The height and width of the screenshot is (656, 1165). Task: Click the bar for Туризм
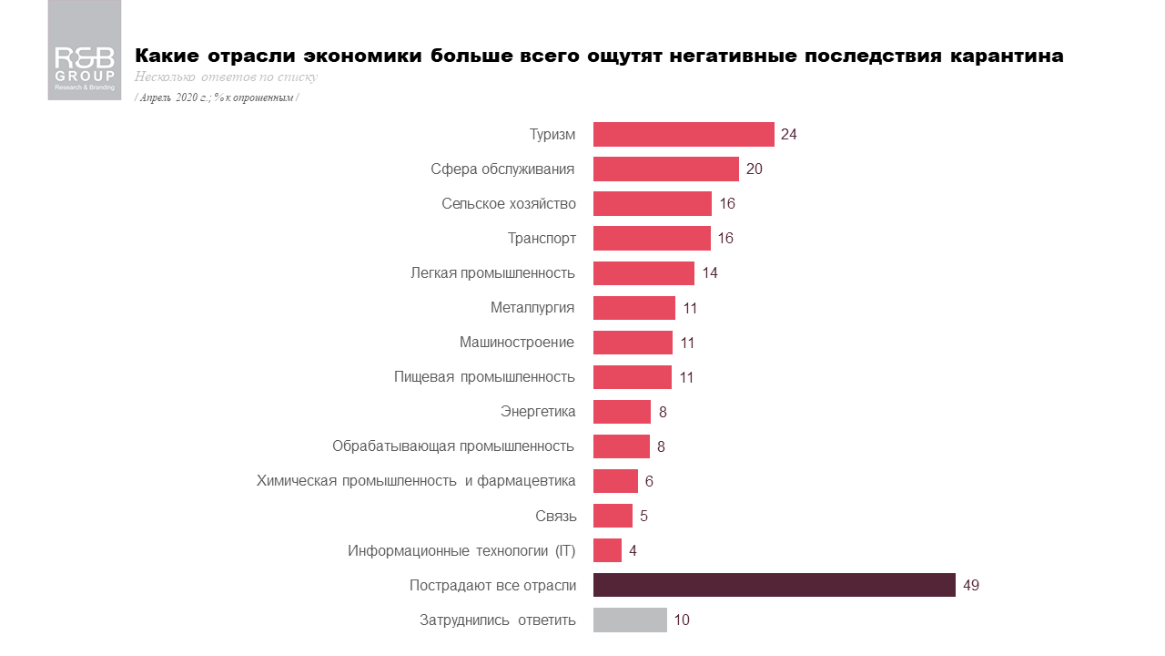(x=684, y=134)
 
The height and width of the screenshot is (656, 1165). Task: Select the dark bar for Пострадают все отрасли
(x=774, y=585)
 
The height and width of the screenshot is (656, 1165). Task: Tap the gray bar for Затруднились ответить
(x=630, y=620)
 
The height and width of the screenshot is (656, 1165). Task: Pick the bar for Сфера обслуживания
(x=665, y=169)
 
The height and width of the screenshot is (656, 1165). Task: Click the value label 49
(x=970, y=585)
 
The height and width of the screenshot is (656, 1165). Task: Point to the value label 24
(x=788, y=134)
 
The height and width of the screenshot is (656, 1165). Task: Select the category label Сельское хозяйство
(x=509, y=203)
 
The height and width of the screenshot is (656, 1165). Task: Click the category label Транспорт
(x=542, y=239)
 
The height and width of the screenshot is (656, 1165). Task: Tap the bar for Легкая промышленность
(x=643, y=273)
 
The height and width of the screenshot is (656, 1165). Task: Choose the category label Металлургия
(x=532, y=308)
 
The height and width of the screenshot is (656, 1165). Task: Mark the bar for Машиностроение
(x=633, y=343)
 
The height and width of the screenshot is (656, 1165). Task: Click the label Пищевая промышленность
(x=484, y=377)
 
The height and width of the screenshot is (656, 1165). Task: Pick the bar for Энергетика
(x=622, y=412)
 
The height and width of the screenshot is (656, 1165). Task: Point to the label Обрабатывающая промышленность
(x=453, y=446)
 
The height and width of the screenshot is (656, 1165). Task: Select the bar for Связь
(x=613, y=516)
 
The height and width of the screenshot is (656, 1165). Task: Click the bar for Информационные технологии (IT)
(x=607, y=550)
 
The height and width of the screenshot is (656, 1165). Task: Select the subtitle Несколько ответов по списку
(x=226, y=77)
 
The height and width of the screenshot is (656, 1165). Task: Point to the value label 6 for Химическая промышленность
(x=649, y=481)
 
